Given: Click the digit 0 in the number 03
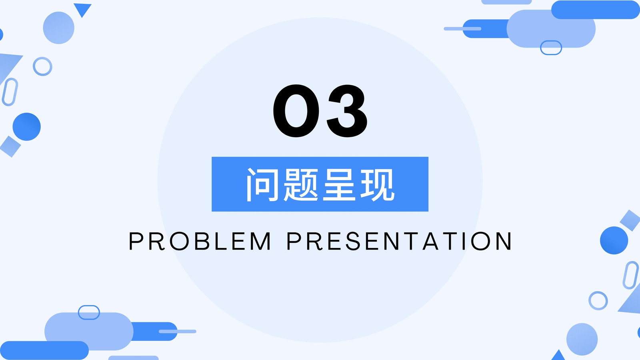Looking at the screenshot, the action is point(296,111).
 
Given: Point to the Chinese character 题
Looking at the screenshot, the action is point(300,184).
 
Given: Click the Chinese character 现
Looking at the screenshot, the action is point(378,184).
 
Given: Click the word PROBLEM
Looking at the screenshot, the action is point(200,241).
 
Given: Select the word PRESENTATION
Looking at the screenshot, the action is point(399,241).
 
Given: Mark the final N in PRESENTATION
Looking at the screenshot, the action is point(502,241).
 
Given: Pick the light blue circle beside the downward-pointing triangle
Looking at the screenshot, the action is point(58,28).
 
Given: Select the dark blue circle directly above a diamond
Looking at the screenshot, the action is point(26,126).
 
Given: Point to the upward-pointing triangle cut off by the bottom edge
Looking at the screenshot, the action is point(558,355).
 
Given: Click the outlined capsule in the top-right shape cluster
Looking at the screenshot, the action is point(551,41).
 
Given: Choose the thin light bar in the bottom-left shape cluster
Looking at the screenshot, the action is point(178,332).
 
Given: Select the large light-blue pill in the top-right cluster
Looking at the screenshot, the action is point(551,28).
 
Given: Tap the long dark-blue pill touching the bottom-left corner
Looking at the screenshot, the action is point(44,350).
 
